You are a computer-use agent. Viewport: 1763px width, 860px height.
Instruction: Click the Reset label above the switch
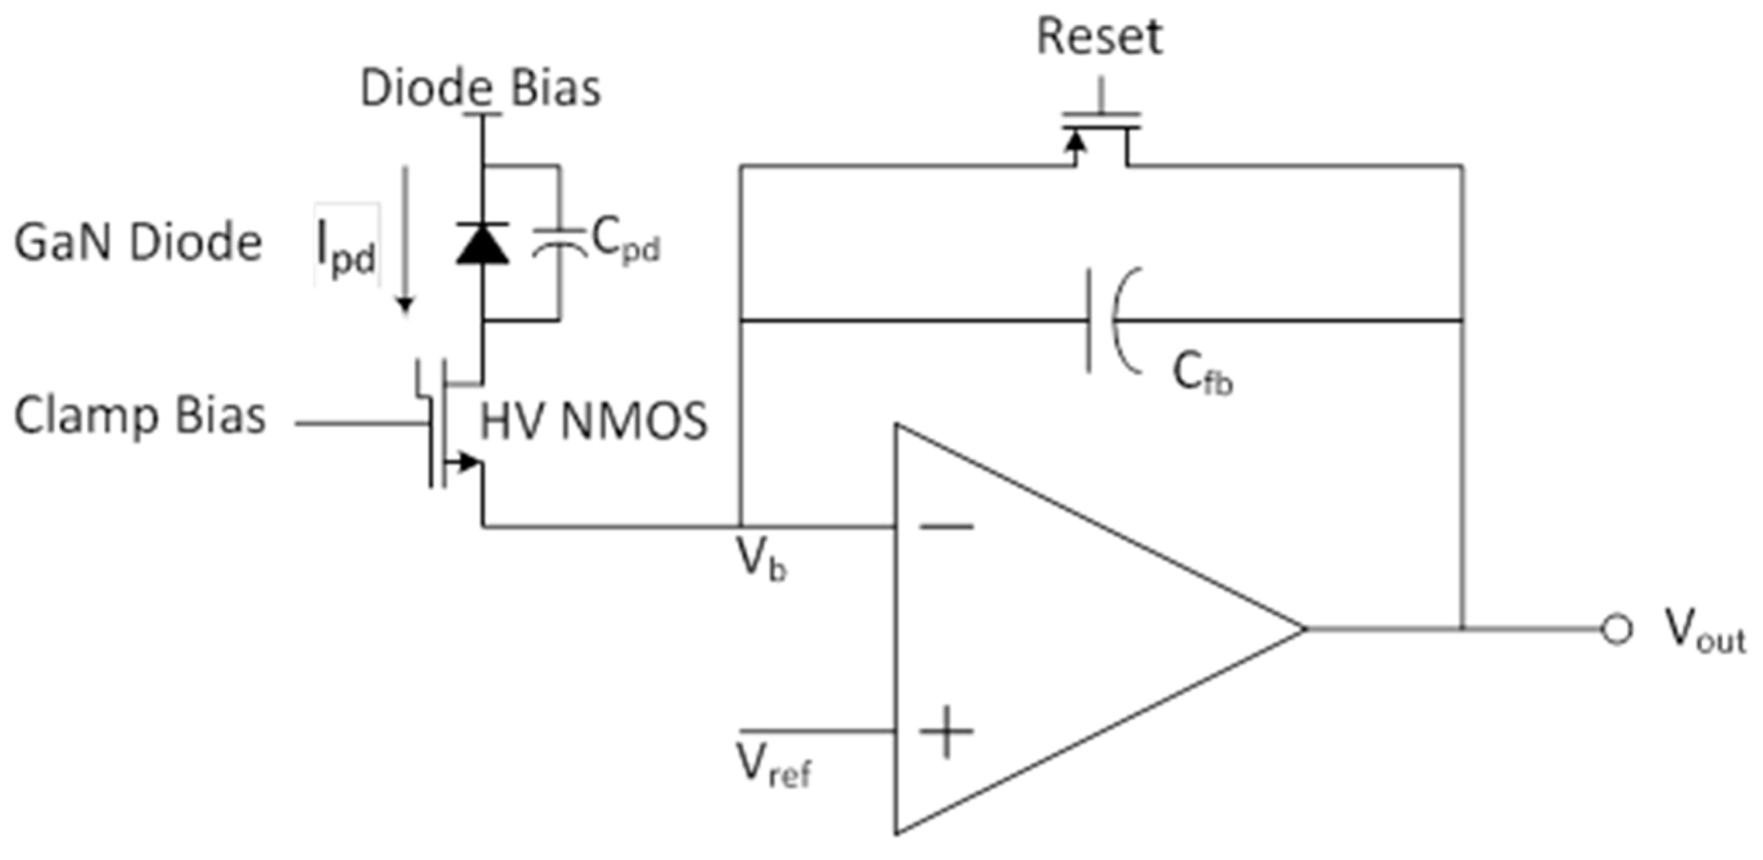click(1099, 37)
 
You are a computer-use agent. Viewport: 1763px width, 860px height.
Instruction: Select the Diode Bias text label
click(480, 89)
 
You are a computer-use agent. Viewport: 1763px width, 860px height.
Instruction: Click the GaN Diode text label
click(138, 243)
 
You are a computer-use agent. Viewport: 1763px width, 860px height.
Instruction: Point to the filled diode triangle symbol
click(483, 245)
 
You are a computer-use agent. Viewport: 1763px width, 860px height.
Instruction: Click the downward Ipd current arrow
click(405, 239)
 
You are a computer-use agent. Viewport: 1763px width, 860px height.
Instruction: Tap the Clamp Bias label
click(140, 416)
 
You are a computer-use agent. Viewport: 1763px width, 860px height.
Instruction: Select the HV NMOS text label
click(593, 422)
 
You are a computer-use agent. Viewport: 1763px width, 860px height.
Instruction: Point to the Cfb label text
click(1202, 375)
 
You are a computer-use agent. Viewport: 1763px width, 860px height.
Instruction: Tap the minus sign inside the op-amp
click(946, 526)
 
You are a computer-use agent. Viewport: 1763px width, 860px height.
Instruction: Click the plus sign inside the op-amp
click(946, 731)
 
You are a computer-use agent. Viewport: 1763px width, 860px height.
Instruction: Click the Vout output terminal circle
click(1617, 629)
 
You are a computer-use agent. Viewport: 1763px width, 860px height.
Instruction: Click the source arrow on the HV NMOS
click(467, 462)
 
